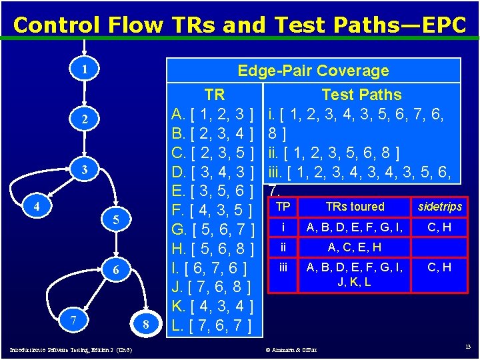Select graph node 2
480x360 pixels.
click(x=85, y=119)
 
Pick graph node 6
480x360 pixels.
click(x=116, y=270)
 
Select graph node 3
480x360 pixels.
click(x=85, y=169)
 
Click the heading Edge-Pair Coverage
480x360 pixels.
click(x=313, y=71)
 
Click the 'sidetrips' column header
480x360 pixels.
click(x=439, y=207)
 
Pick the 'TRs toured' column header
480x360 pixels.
click(x=355, y=207)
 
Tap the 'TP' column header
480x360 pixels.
click(x=283, y=207)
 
